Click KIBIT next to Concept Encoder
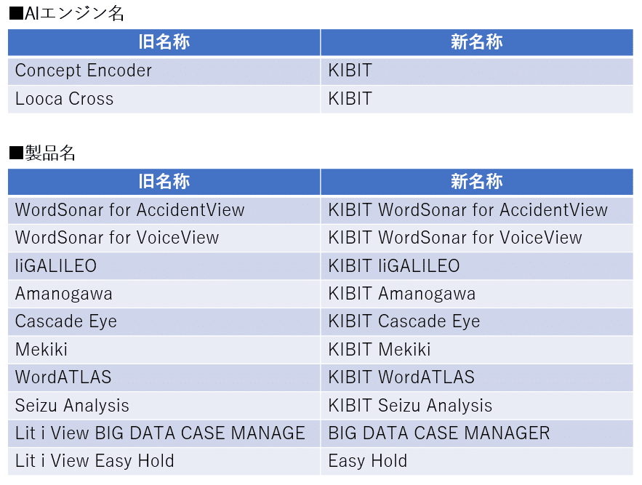[x=350, y=71]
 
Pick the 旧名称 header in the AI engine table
[x=164, y=41]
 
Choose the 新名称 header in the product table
[x=476, y=181]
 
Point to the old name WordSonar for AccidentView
[x=130, y=209]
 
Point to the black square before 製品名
[x=17, y=153]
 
